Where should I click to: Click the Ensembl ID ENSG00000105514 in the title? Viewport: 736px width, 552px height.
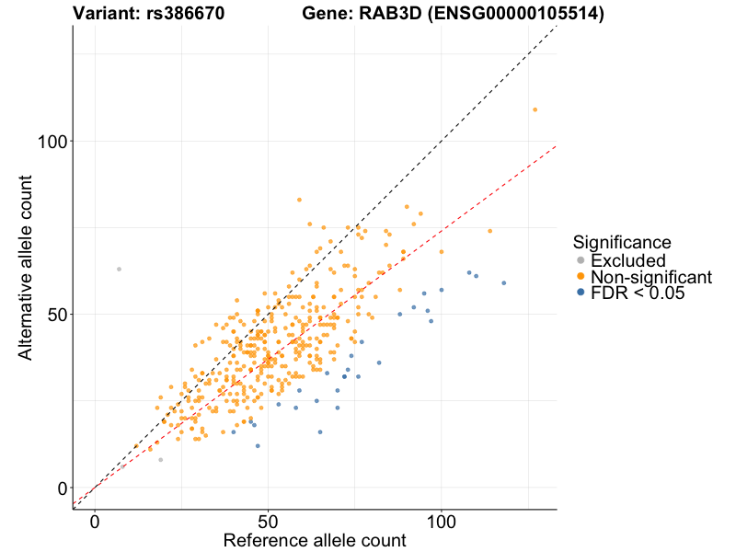pyautogui.click(x=516, y=14)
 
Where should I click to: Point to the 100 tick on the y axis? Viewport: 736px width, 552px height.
pyautogui.click(x=54, y=141)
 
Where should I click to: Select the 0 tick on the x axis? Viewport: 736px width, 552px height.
pyautogui.click(x=95, y=521)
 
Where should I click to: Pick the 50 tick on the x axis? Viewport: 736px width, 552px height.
pyautogui.click(x=268, y=521)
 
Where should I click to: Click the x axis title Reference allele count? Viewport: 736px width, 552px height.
pyautogui.click(x=315, y=540)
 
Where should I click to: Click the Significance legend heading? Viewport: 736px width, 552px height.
pyautogui.click(x=621, y=242)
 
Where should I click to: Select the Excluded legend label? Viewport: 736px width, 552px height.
pyautogui.click(x=627, y=260)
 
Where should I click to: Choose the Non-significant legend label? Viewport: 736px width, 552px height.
pyautogui.click(x=651, y=276)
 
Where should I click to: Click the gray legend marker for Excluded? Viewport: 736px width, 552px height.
pyautogui.click(x=581, y=260)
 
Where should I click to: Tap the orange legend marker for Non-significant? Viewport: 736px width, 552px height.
pyautogui.click(x=581, y=276)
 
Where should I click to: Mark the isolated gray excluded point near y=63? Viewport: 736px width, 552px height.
pyautogui.click(x=119, y=269)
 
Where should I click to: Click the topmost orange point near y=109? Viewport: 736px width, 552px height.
pyautogui.click(x=535, y=109)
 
